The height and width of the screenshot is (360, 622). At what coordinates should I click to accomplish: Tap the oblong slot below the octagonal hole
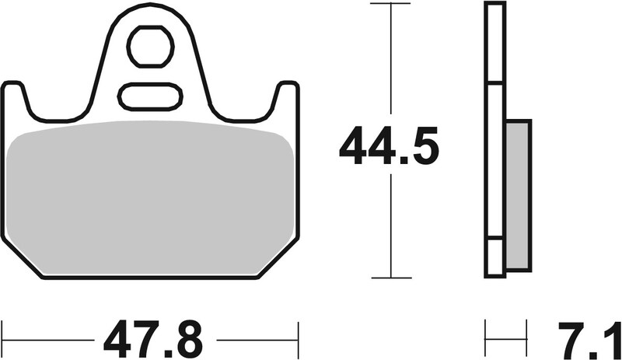click(149, 97)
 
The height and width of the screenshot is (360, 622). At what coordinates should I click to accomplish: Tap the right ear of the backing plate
click(286, 97)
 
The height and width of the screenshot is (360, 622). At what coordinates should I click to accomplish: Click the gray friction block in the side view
click(517, 194)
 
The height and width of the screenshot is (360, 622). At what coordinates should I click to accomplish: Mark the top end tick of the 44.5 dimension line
click(390, 4)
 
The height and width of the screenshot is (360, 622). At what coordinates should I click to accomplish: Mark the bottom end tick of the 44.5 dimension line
click(390, 277)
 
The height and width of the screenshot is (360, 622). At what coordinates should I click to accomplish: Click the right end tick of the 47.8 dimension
click(298, 339)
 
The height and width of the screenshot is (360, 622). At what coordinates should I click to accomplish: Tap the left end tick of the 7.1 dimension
click(486, 339)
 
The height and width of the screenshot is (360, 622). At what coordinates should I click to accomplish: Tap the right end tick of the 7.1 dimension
click(532, 339)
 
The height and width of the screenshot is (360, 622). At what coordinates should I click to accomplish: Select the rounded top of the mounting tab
click(151, 9)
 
